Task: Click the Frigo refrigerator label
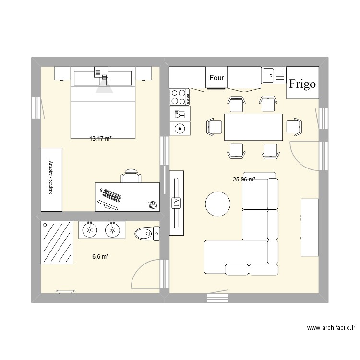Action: [x=302, y=84]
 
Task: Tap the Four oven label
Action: [x=216, y=77]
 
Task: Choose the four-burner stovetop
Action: [x=180, y=97]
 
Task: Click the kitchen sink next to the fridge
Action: [x=273, y=75]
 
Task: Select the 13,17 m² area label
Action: [x=100, y=139]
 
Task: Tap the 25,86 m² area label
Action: [x=244, y=180]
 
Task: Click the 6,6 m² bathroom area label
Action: [x=100, y=257]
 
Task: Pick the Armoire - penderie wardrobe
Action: [x=51, y=179]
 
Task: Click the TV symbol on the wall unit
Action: [x=176, y=202]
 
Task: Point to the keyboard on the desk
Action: [x=111, y=196]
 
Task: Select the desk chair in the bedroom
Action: [x=131, y=176]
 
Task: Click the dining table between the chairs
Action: [x=253, y=127]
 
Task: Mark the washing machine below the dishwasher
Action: [x=180, y=128]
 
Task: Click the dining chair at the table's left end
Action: [x=214, y=127]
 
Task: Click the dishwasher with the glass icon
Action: [x=180, y=114]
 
